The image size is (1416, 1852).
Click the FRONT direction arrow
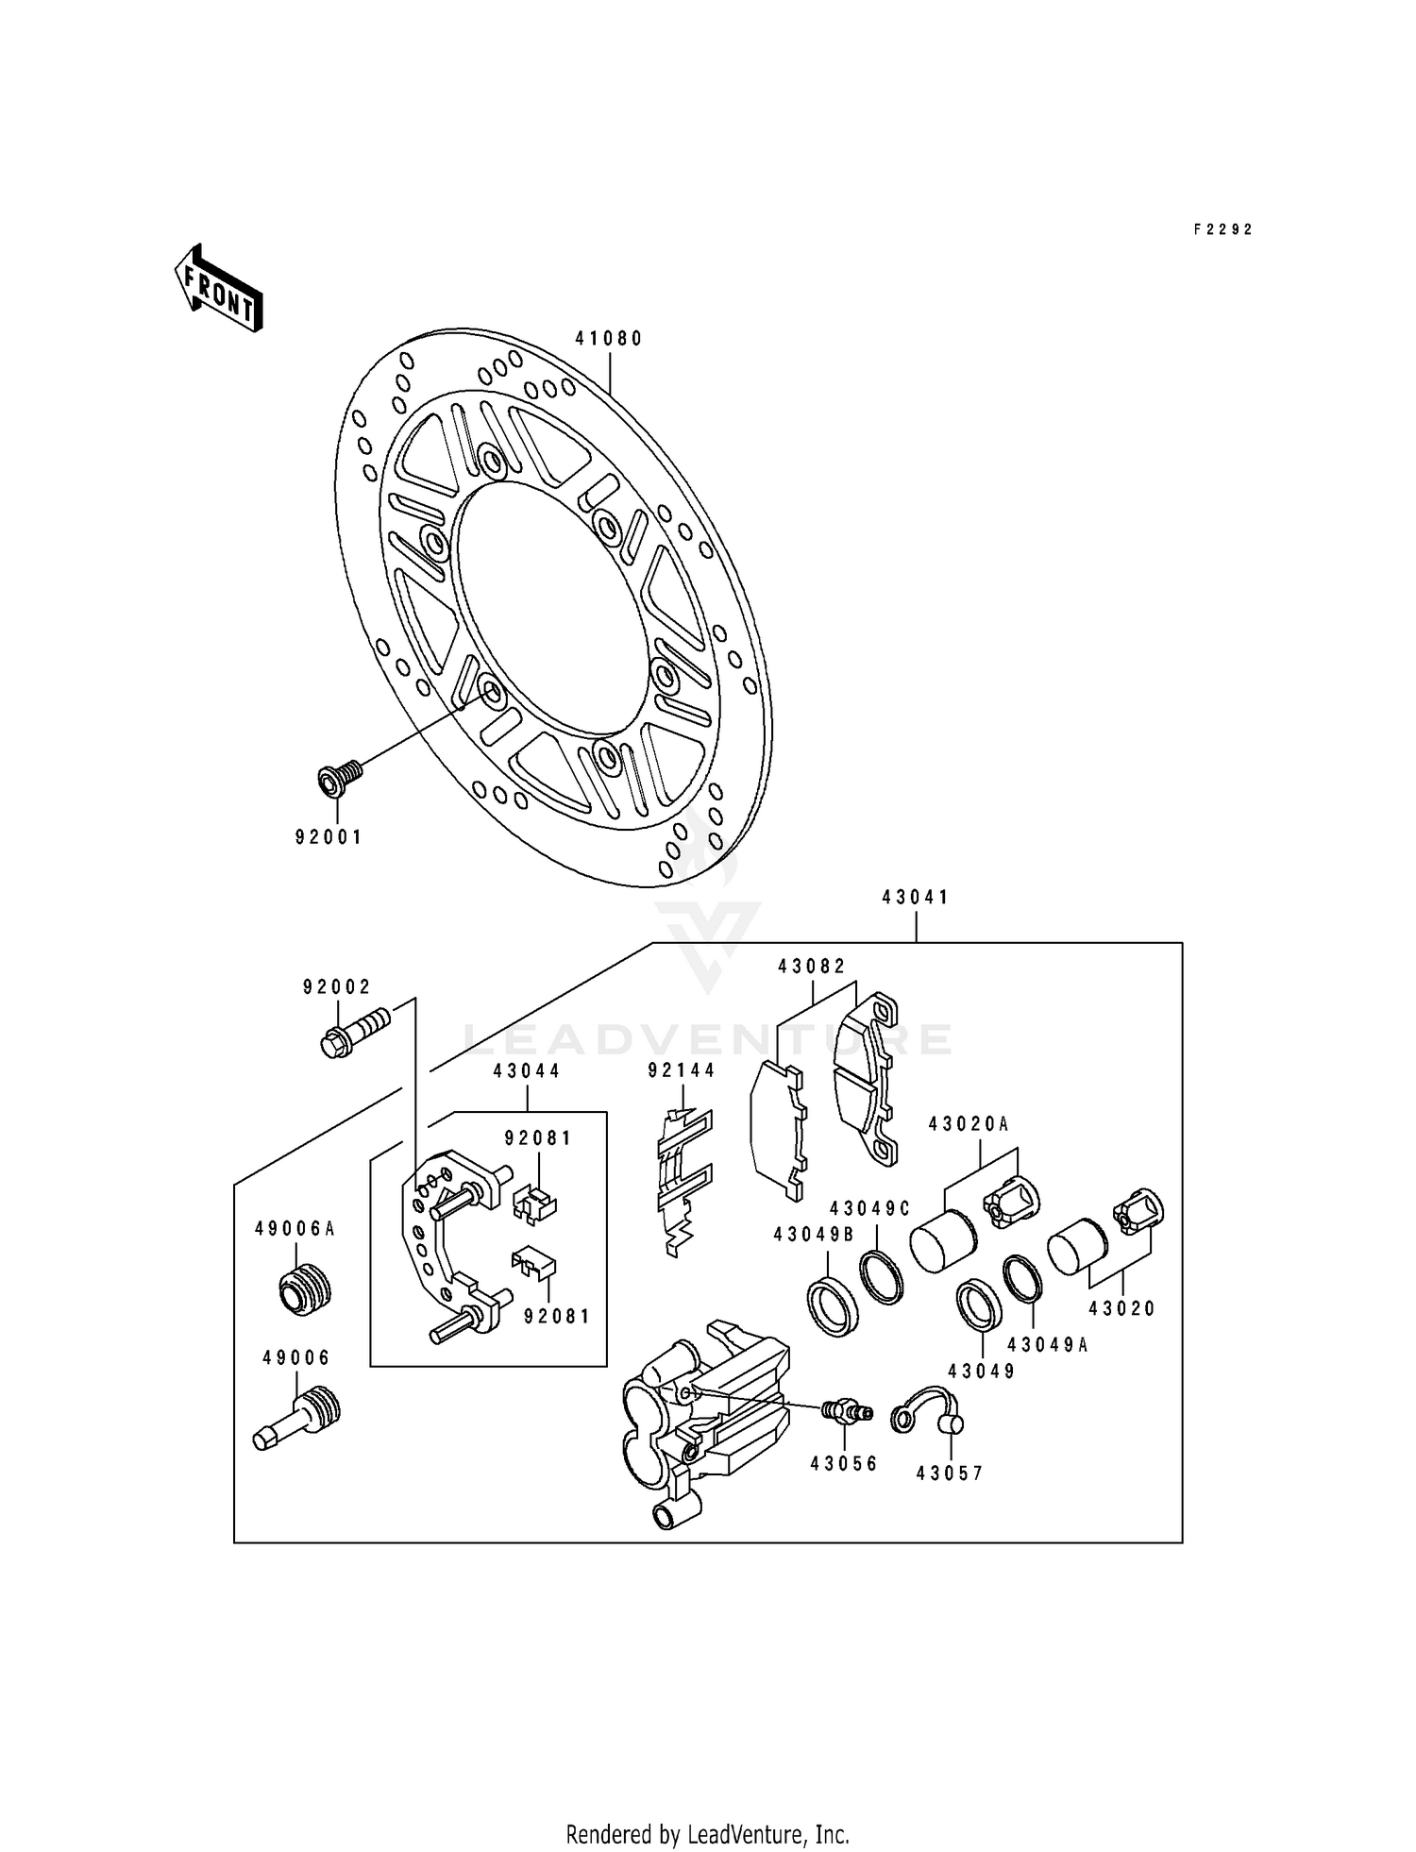[x=218, y=288]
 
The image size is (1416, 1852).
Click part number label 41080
[x=609, y=339]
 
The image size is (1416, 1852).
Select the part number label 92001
[x=329, y=837]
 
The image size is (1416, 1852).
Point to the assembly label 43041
[x=915, y=898]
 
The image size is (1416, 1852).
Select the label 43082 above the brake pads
[x=812, y=967]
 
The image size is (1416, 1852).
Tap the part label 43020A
[x=969, y=1124]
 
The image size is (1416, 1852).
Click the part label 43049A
[x=1047, y=1345]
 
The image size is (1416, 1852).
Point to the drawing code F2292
[x=1222, y=229]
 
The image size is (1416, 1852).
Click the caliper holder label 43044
[x=526, y=1071]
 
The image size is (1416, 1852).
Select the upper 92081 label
[x=538, y=1138]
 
